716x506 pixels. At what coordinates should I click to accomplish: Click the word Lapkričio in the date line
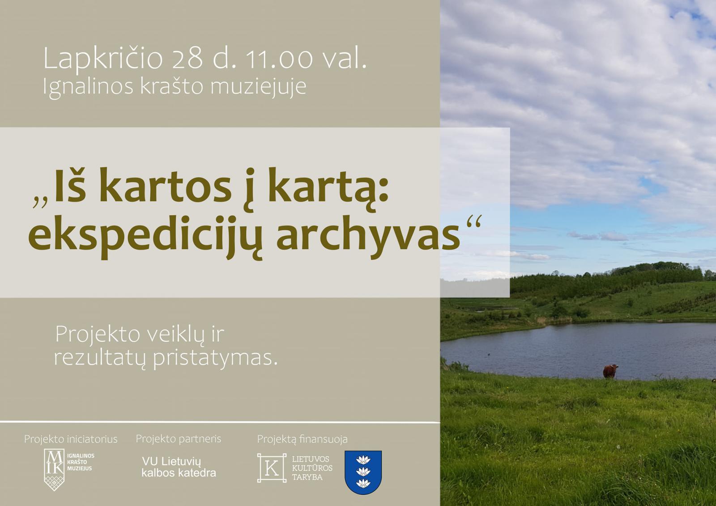103,58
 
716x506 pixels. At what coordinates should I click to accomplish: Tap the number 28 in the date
188,59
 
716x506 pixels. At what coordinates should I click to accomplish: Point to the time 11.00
279,59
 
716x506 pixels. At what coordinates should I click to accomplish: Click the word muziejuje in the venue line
258,86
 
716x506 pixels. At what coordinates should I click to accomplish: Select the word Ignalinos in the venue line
88,87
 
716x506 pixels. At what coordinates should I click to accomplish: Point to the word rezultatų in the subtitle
99,358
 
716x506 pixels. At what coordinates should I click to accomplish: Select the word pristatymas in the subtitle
215,359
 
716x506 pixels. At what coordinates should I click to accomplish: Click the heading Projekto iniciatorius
71,439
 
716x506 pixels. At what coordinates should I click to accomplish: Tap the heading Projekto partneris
179,439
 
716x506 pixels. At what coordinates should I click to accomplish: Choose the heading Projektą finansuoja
302,439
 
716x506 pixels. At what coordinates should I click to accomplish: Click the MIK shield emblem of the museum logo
54,470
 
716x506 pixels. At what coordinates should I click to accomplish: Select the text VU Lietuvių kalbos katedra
179,467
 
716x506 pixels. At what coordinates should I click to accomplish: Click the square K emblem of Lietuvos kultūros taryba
272,468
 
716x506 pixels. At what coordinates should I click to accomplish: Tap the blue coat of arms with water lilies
363,472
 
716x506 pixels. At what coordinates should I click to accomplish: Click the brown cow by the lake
610,371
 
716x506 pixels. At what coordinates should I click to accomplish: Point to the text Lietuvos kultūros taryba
312,468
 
